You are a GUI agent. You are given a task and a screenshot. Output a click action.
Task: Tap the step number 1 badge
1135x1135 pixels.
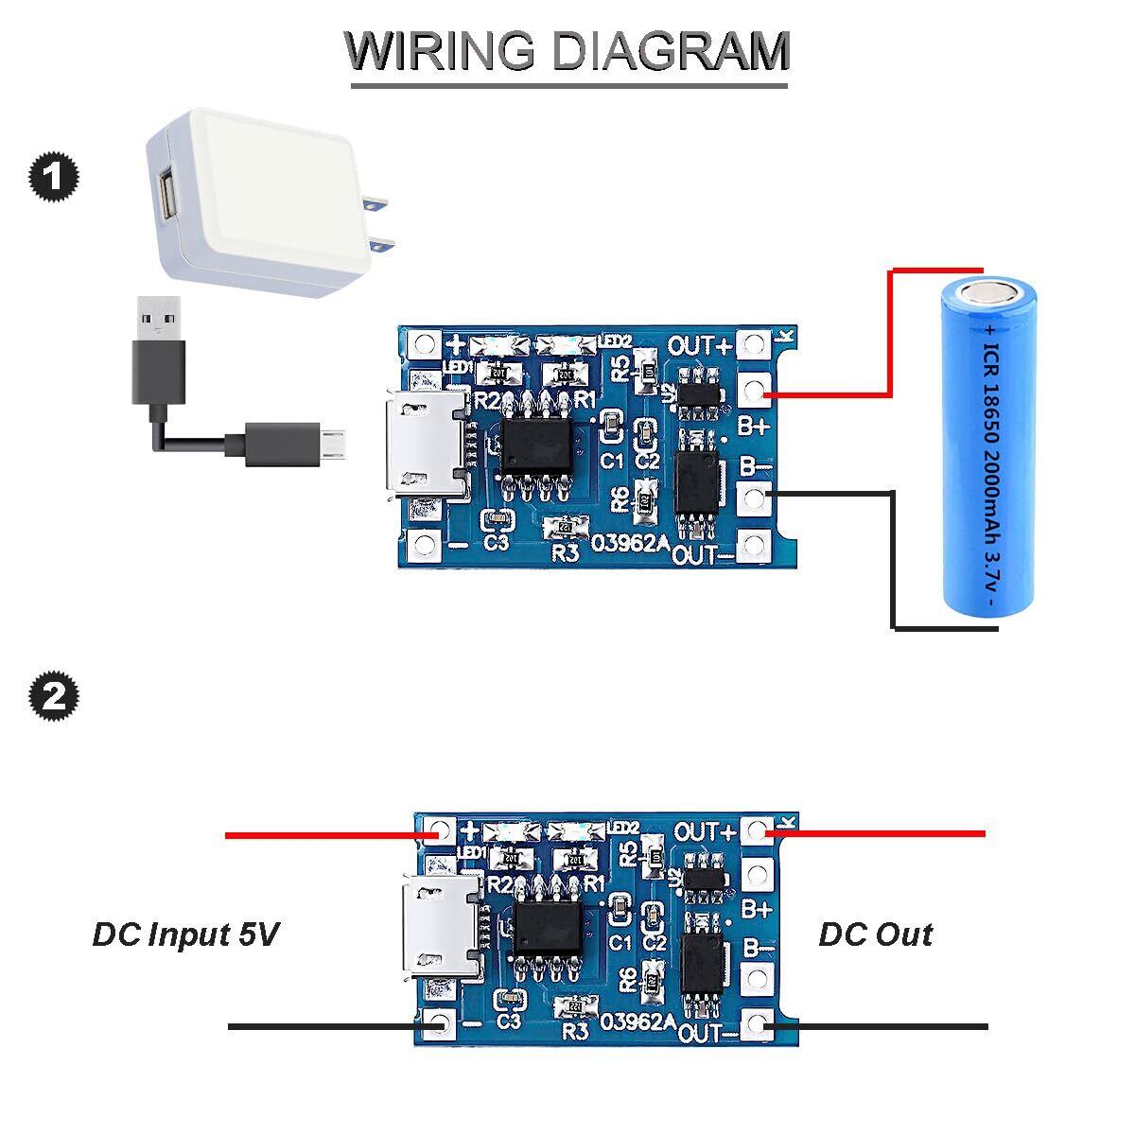point(54,178)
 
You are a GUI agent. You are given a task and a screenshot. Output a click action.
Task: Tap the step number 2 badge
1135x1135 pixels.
point(54,698)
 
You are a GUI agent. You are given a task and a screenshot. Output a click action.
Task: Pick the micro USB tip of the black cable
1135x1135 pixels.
point(335,442)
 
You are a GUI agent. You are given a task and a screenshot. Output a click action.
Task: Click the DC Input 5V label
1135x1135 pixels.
point(185,934)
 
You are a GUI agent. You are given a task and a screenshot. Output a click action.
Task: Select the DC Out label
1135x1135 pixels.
point(875,934)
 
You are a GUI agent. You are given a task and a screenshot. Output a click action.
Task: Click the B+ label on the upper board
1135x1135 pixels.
point(752,425)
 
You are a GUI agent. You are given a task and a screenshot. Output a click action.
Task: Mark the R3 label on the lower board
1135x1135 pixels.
point(575,1032)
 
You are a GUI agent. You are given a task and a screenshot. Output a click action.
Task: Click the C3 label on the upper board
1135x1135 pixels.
point(497,543)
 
